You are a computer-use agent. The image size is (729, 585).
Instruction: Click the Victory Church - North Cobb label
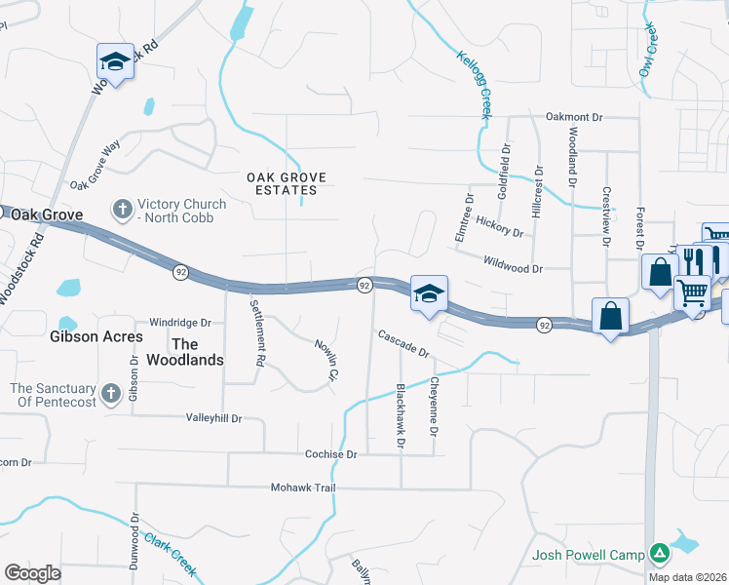(182, 211)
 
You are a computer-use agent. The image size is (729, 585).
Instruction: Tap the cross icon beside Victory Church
(122, 209)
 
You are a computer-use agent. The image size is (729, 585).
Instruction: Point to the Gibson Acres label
(96, 336)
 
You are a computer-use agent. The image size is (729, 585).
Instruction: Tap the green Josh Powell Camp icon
(661, 554)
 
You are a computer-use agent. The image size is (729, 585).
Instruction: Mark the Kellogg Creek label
(474, 86)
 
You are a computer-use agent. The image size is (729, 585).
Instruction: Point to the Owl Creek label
(650, 53)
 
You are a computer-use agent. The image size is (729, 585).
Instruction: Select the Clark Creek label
(171, 553)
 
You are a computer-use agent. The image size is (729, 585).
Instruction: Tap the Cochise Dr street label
(331, 454)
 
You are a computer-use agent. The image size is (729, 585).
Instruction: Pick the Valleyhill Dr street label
(212, 417)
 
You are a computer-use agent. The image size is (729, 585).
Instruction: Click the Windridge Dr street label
(180, 322)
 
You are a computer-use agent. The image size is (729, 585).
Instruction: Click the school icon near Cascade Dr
(427, 293)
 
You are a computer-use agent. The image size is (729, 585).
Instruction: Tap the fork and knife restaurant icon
(694, 259)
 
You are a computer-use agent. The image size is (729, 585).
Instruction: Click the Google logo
(32, 573)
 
